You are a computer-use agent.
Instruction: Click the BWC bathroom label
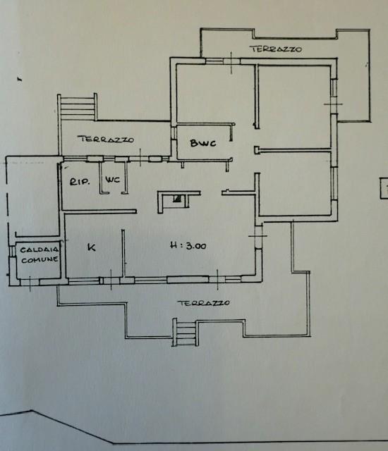203,143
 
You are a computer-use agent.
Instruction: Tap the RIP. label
80,182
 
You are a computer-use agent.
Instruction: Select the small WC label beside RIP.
113,180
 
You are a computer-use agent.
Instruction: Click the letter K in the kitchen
92,247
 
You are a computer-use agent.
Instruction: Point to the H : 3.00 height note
188,246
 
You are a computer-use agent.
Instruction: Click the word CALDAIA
39,249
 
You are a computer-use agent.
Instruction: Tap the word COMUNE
40,260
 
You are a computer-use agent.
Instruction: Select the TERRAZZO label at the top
277,49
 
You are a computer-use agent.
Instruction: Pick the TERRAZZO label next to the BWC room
106,140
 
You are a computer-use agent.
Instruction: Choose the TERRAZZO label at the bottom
203,303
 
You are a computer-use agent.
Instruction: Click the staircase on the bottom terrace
185,332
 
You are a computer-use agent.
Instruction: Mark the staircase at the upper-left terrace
78,107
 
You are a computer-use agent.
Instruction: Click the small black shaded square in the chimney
177,199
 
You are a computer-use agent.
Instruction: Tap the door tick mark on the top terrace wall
231,63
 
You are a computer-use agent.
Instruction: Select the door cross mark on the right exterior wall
333,104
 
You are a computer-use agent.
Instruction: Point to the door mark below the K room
111,280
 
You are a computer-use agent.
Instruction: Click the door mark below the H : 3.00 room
217,279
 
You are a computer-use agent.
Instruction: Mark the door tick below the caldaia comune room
30,283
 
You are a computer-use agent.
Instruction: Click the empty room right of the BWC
293,107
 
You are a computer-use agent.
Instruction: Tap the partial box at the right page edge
384,188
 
